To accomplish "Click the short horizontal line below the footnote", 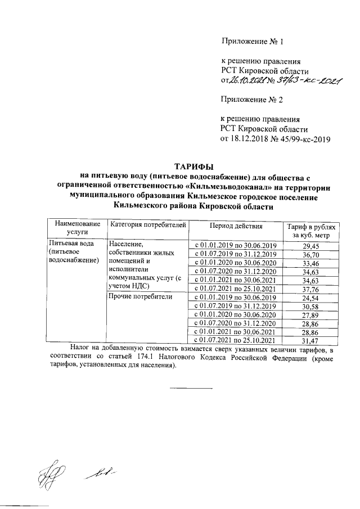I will pyautogui.click(x=191, y=388).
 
